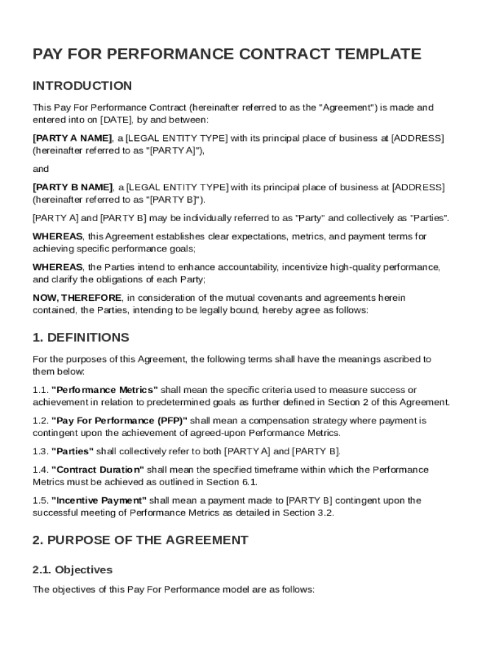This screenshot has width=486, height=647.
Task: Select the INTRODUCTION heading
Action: click(x=82, y=86)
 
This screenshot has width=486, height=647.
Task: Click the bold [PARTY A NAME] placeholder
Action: click(x=73, y=138)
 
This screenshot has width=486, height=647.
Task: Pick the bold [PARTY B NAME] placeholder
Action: click(x=73, y=188)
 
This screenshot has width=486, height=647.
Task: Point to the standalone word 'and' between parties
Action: click(x=40, y=169)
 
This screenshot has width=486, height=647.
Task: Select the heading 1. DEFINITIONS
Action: click(x=81, y=337)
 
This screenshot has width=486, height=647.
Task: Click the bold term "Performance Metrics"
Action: click(x=105, y=390)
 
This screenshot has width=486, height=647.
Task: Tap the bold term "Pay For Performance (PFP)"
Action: click(x=119, y=420)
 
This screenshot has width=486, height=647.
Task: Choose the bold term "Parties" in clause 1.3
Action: click(x=73, y=451)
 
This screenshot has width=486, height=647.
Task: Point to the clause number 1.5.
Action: click(x=40, y=500)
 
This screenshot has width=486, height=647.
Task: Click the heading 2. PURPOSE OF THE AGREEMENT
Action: click(x=140, y=540)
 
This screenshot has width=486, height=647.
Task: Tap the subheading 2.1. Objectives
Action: click(x=72, y=570)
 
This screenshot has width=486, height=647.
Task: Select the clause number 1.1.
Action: click(x=40, y=390)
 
